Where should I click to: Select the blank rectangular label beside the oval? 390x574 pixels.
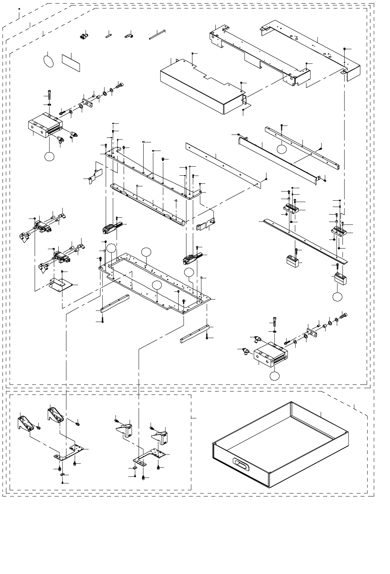(x=71, y=62)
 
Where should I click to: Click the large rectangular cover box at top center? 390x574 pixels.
(x=202, y=86)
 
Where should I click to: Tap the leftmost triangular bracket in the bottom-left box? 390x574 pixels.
(x=25, y=422)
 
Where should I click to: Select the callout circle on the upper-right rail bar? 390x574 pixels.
(x=282, y=149)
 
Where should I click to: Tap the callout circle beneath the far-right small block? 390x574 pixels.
(x=337, y=296)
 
